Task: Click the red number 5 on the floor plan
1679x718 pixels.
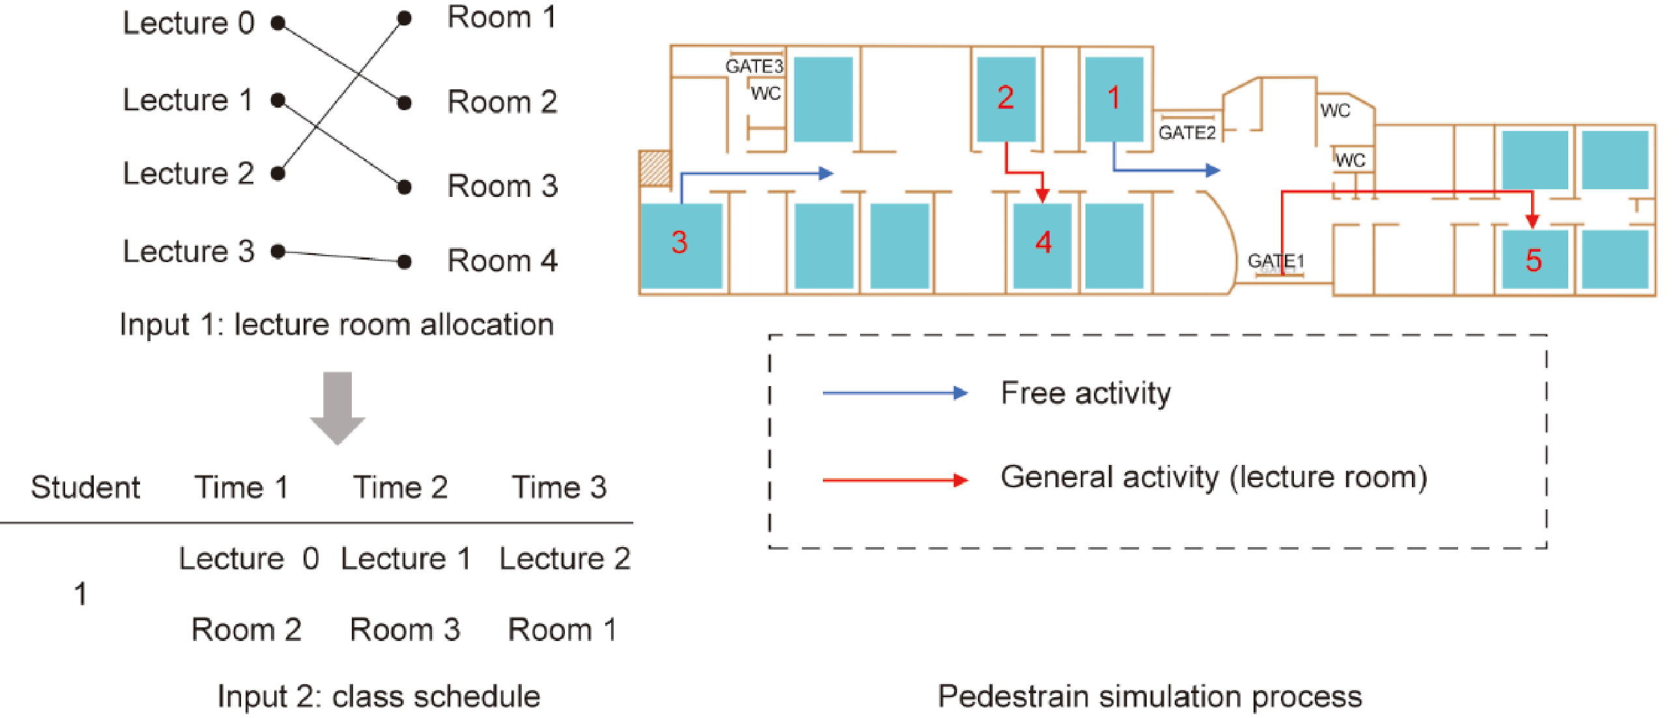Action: coord(1533,260)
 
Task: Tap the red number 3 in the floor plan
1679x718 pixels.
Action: coord(679,243)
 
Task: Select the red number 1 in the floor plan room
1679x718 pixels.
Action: coord(1113,98)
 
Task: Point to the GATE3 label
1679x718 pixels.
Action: coord(754,66)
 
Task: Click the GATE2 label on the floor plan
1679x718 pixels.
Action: coord(1187,133)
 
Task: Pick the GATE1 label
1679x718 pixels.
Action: coord(1276,261)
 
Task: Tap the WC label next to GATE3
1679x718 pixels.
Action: coord(765,93)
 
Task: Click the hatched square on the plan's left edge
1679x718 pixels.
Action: coord(654,168)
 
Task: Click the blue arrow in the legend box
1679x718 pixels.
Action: coord(895,393)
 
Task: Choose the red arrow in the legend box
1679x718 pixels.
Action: coord(895,480)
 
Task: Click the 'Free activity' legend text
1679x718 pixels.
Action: coord(1085,393)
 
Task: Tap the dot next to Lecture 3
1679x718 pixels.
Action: coord(278,251)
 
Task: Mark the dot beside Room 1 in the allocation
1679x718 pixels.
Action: coord(404,18)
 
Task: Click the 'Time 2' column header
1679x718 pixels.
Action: coord(400,487)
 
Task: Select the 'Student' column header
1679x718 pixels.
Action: coord(85,487)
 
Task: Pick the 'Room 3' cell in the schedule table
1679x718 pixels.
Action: coord(405,629)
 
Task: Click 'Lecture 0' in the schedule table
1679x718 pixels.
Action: coord(249,559)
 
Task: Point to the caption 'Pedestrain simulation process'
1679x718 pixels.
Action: coord(1150,696)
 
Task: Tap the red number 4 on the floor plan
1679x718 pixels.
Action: coord(1043,243)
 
